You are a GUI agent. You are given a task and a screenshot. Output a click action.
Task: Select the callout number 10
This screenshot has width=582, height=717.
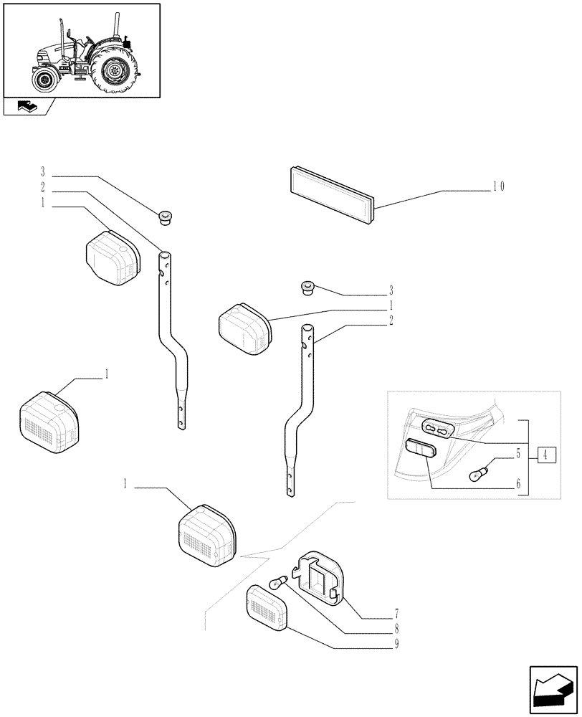pos(498,187)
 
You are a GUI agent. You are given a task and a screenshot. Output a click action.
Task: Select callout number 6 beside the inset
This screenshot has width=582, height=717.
pos(517,485)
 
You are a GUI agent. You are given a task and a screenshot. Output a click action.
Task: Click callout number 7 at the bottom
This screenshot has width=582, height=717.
pos(396,614)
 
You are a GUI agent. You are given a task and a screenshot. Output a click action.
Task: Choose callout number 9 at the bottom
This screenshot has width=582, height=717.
pos(396,644)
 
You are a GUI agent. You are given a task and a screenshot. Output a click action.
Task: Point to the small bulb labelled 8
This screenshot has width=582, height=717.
pos(277,582)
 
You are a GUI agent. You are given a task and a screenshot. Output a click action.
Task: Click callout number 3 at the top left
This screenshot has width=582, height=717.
pos(43,172)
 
